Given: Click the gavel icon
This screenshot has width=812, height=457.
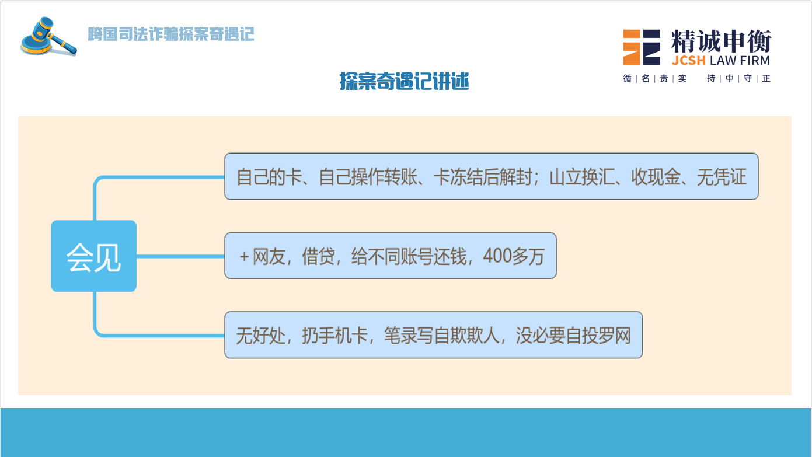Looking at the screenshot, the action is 48,37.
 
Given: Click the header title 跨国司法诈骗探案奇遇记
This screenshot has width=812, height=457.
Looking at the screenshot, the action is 170,34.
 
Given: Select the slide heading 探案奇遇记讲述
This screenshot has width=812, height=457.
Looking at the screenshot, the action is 404,81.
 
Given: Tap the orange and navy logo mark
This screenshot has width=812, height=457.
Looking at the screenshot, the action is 642,47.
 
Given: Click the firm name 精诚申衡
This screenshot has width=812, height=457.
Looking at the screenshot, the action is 721,41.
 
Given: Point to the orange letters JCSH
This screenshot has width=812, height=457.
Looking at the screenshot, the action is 689,61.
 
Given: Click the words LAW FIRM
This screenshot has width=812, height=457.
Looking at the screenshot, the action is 740,61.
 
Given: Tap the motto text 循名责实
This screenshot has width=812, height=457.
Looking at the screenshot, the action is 654,78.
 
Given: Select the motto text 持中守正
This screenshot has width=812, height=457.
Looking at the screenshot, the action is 738,78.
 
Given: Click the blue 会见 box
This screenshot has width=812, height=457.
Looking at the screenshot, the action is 94,256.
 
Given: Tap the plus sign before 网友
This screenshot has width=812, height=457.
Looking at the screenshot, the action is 244,257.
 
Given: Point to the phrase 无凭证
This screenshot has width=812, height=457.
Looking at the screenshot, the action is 722,177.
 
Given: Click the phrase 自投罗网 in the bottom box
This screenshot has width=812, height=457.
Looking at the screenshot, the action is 598,335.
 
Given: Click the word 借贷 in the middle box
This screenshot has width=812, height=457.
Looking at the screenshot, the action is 318,256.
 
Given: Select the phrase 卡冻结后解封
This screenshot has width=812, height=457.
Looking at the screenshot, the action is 483,177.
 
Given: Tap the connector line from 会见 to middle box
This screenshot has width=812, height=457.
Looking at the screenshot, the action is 180,256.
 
